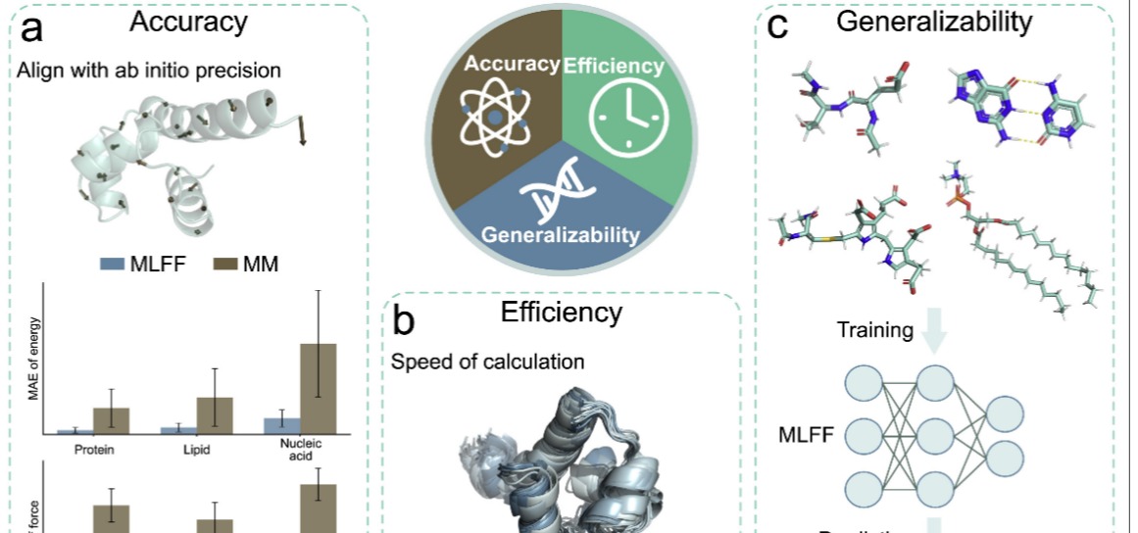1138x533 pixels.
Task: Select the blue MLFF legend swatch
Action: coord(110,264)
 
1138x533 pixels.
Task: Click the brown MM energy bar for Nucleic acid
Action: coord(318,388)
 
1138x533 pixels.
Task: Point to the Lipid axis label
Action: coord(197,451)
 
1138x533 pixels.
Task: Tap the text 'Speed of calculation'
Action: coord(488,362)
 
